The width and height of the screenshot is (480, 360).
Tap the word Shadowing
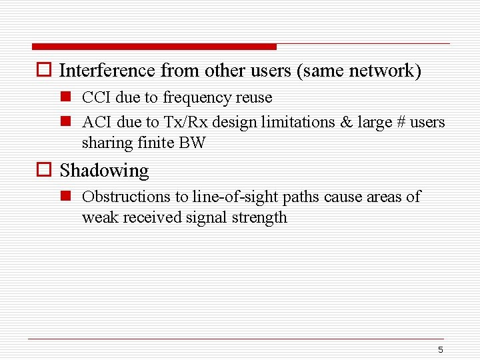point(104,171)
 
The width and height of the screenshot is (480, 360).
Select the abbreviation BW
point(193,143)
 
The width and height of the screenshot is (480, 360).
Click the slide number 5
point(441,350)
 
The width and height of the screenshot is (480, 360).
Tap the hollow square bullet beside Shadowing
point(44,171)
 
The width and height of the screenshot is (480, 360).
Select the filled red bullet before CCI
point(65,98)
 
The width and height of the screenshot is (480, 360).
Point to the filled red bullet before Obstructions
point(65,197)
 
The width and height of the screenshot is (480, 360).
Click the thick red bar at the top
point(153,47)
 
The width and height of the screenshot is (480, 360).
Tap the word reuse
point(254,98)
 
